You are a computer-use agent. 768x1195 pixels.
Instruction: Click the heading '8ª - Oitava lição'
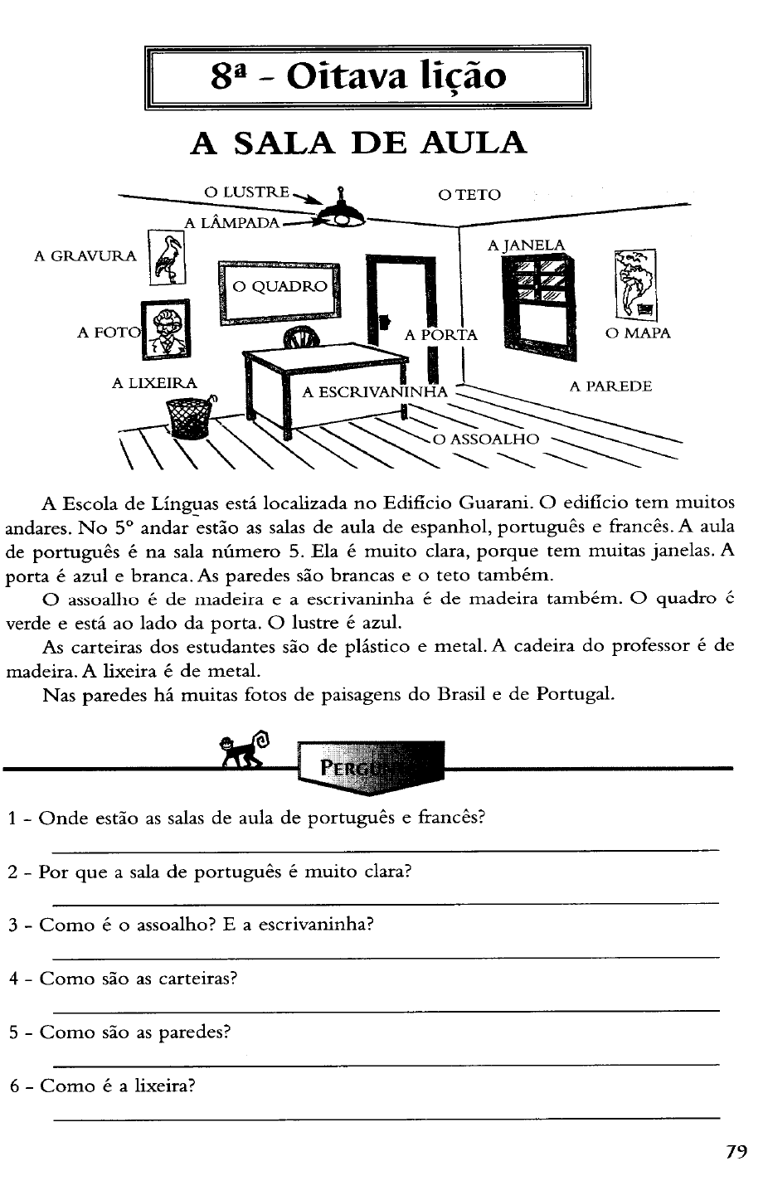click(358, 78)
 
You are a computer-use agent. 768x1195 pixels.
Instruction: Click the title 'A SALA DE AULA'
click(358, 143)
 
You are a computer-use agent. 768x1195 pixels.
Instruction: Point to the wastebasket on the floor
click(190, 417)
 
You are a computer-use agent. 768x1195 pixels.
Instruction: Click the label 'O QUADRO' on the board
click(280, 287)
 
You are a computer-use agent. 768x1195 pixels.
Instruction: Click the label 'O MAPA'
click(638, 333)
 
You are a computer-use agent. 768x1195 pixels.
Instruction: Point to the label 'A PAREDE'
click(610, 386)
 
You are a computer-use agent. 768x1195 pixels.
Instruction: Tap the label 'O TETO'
click(469, 195)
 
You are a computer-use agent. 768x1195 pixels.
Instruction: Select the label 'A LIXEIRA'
click(155, 383)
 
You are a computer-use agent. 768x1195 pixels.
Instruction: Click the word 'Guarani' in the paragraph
click(495, 503)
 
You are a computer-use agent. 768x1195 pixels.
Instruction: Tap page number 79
click(736, 1152)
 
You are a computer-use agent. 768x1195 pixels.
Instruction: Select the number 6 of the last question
click(14, 1086)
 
